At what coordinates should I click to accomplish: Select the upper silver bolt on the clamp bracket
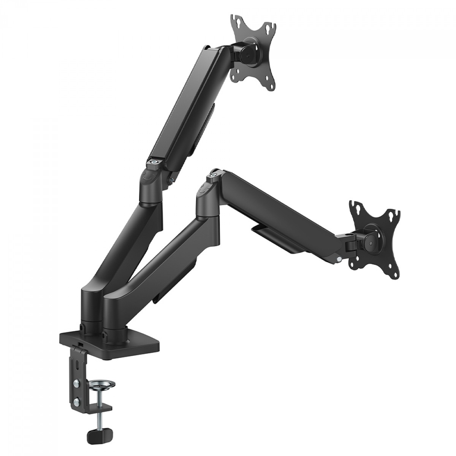pos(76,382)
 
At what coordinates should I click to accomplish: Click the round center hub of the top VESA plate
pos(251,52)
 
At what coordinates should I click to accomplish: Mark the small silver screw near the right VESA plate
pos(339,260)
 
